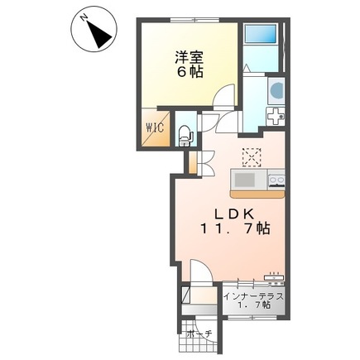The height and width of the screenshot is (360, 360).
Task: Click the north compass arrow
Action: click(100, 33)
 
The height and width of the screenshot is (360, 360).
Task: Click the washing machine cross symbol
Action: click(275, 118)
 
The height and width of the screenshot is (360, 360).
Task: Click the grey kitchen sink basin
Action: click(246, 180)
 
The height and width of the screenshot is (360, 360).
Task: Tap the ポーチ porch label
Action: click(199, 333)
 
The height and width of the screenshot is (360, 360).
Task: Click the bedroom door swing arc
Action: click(223, 98)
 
